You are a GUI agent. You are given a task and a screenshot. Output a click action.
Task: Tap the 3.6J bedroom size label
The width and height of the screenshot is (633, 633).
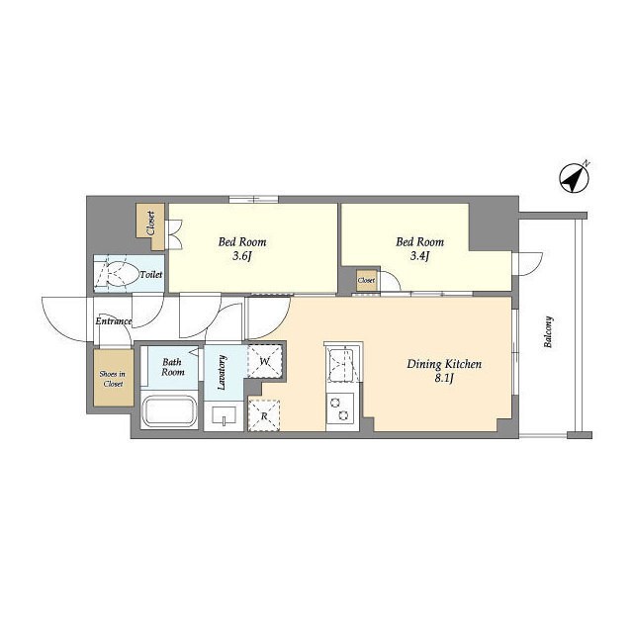coord(241,258)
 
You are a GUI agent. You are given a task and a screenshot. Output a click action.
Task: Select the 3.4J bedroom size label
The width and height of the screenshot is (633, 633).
coord(419,258)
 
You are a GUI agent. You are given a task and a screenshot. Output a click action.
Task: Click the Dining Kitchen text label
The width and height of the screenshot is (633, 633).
coord(444,364)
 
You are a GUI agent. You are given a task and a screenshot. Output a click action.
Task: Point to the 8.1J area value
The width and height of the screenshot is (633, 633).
coord(445,380)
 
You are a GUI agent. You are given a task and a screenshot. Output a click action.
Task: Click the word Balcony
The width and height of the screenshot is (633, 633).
coord(547,333)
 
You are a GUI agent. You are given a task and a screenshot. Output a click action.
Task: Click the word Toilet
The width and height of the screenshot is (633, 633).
coord(150,274)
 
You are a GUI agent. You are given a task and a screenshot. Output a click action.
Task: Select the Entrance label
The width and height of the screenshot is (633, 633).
coord(114,321)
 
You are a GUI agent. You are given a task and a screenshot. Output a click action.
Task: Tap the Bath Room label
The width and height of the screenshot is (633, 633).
coord(173,366)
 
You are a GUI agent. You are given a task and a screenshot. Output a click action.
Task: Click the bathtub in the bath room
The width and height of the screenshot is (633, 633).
coord(171,410)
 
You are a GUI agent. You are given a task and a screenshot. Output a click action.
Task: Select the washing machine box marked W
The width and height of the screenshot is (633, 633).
coord(264,362)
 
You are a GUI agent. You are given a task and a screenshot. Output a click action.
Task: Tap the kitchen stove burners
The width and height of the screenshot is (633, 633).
coord(341,407)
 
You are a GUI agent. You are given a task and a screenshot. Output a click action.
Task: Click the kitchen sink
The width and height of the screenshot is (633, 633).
coord(342,364)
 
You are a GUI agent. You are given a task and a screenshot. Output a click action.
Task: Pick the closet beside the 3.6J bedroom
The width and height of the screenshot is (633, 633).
coord(150,222)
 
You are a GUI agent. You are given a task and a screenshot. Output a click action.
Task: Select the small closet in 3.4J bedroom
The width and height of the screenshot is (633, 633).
coord(367,281)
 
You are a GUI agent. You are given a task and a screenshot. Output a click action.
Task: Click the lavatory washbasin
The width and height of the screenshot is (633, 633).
coord(225,415)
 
